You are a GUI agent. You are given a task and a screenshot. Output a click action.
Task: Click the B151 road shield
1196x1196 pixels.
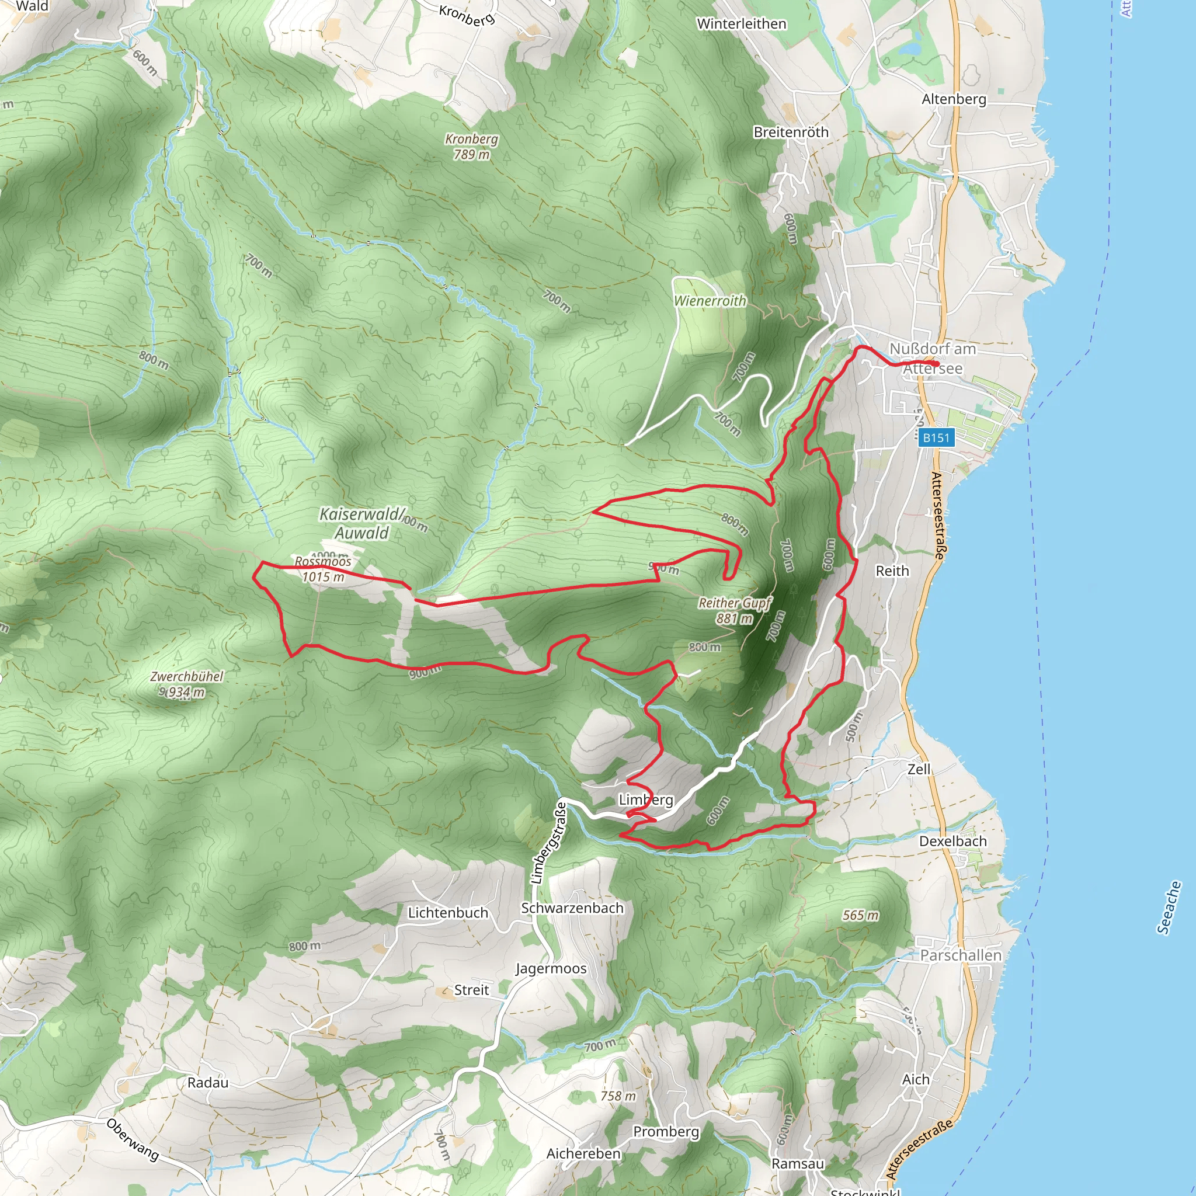pos(936,437)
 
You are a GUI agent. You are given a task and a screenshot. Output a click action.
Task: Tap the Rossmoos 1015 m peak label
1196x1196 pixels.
pos(322,569)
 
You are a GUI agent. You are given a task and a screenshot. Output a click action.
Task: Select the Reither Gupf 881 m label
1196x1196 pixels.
pos(735,610)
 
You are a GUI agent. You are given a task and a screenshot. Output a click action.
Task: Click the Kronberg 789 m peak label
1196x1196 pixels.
pos(472,147)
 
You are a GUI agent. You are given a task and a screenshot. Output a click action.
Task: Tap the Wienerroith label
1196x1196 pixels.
pos(710,301)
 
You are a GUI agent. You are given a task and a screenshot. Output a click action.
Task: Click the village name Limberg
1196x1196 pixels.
pos(646,800)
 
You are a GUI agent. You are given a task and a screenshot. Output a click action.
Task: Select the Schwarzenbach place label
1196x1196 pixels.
pos(572,908)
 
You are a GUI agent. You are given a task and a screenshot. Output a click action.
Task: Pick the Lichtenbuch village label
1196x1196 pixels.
pos(448,913)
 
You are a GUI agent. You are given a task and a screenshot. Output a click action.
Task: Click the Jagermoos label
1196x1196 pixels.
pos(551,968)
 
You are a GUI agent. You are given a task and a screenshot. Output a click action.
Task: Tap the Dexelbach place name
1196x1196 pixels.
pos(952,842)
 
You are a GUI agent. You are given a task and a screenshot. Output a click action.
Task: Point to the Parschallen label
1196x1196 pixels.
pos(961,955)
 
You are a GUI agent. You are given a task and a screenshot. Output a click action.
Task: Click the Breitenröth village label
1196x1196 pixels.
pos(791,133)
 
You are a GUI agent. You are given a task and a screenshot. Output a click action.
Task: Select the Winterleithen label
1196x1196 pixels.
pos(742,23)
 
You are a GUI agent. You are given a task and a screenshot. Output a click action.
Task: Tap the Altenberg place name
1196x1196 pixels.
pos(954,99)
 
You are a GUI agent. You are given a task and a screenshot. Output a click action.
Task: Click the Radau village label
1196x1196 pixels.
pos(208,1083)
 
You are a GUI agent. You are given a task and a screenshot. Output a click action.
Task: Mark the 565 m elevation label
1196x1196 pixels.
pos(860,915)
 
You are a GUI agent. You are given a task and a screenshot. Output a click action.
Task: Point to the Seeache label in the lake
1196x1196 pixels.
pos(1169,907)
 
